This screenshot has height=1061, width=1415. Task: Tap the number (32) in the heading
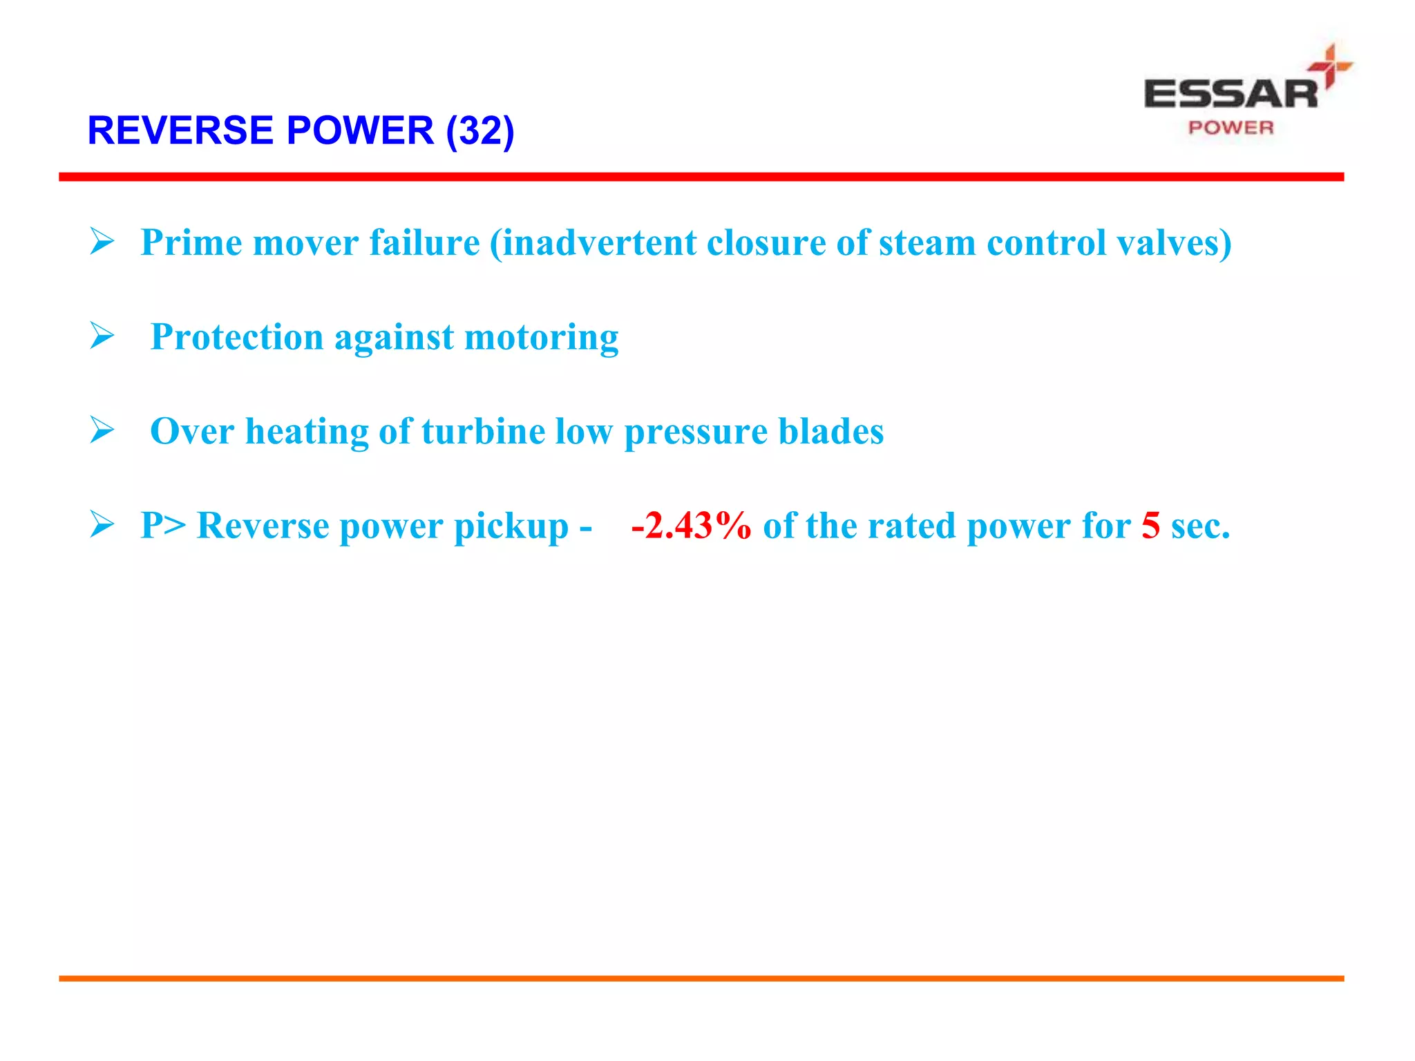480,131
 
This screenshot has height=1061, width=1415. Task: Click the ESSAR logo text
1231,94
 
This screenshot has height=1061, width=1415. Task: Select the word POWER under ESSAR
1231,128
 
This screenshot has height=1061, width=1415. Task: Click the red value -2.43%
691,526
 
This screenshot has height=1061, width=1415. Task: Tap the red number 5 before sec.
1150,526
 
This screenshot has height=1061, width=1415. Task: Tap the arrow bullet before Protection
102,336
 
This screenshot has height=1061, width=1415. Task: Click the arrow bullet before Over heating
102,430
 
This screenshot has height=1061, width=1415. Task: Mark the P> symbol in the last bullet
163,526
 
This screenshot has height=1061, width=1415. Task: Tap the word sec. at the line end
1201,526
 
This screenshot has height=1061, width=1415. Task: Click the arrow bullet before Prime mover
102,242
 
